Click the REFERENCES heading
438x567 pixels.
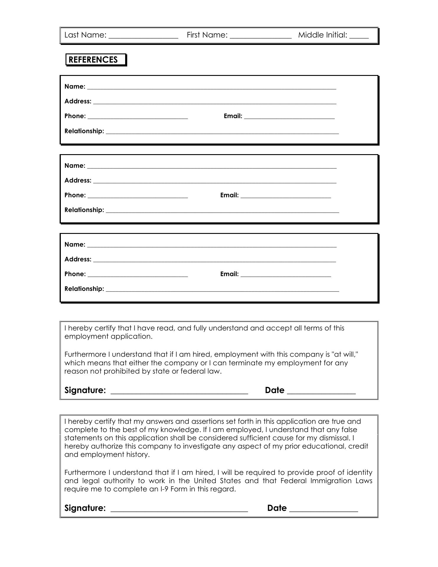click(x=93, y=60)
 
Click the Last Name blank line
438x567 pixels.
click(x=143, y=37)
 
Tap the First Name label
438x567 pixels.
click(x=207, y=35)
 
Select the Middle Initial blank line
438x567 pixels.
click(x=359, y=37)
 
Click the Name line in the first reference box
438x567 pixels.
click(x=212, y=88)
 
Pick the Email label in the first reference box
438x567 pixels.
click(x=233, y=116)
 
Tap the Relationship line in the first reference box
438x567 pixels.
click(x=222, y=133)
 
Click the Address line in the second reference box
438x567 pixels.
click(x=215, y=182)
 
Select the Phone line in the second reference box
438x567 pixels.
click(x=138, y=197)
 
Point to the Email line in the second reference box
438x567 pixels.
click(x=286, y=197)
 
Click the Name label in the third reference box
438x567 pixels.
click(x=75, y=245)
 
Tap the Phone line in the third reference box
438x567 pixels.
click(x=138, y=276)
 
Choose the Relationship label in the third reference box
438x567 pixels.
click(x=84, y=289)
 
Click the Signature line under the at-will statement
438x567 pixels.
click(x=179, y=393)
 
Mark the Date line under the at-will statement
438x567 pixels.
click(x=321, y=393)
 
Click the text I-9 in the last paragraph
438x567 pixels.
click(x=164, y=489)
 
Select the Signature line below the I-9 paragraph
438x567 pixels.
click(x=179, y=511)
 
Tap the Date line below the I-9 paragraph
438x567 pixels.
click(x=323, y=511)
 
